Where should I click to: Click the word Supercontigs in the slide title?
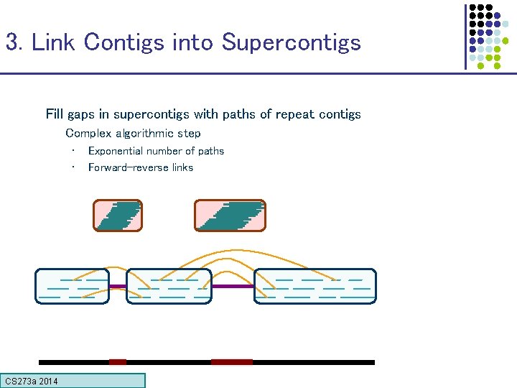pos(291,42)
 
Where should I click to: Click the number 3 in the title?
pos(11,42)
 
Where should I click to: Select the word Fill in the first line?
pos(55,114)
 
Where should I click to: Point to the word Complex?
pos(88,133)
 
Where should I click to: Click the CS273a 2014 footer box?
pos(73,381)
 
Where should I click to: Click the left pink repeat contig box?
pos(118,216)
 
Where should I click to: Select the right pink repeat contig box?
pos(230,216)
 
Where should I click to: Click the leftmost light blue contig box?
pos(73,286)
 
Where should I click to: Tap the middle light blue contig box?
pos(169,286)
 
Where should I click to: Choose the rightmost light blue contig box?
pos(315,286)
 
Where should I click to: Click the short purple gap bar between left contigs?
pos(118,286)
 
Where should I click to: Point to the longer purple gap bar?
pos(233,286)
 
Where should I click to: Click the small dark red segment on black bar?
pos(118,362)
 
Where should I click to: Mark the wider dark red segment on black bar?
pos(231,362)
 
